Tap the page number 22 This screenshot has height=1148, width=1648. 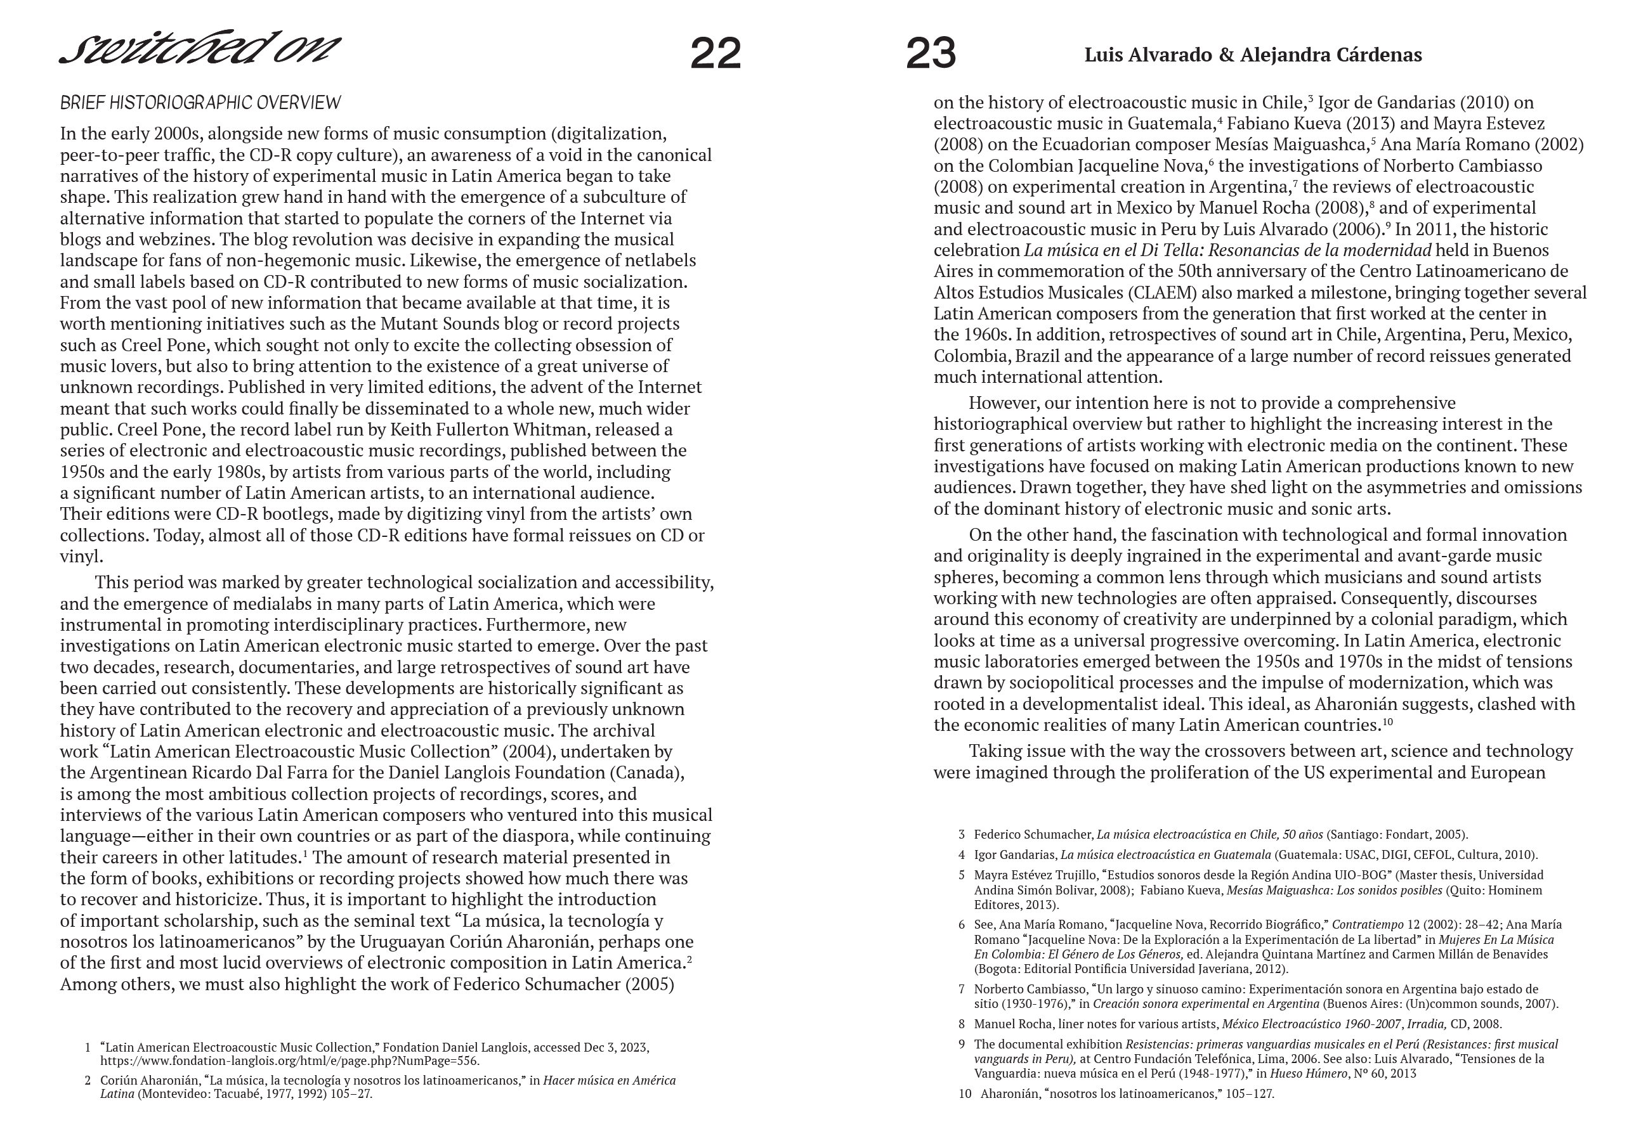(715, 54)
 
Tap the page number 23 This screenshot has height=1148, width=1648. (931, 54)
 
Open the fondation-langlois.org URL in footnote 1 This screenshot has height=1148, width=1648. (289, 1061)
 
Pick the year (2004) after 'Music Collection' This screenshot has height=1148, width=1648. (528, 751)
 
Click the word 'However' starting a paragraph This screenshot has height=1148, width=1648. (1001, 403)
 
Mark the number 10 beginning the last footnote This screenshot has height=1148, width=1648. (965, 1094)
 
